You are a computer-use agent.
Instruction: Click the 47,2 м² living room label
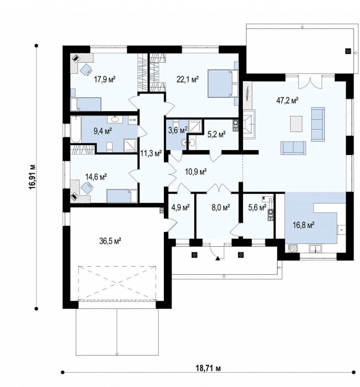pos(287,101)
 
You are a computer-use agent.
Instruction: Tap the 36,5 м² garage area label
pos(110,241)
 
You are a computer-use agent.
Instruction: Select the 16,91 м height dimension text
pos(32,177)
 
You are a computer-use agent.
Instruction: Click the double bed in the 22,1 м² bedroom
pos(223,84)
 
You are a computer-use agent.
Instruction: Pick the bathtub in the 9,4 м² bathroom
pos(76,129)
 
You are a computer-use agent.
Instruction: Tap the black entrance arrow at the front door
pos(218,258)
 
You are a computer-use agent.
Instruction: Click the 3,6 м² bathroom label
pos(178,130)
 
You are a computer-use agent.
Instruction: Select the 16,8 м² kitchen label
pos(303,225)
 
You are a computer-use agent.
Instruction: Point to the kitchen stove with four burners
pos(292,248)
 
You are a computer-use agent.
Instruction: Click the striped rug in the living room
pos(296,124)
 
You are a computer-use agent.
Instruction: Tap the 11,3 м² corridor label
pos(151,153)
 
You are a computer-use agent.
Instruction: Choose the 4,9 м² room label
pos(180,208)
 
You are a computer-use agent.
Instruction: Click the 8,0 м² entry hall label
pos(221,207)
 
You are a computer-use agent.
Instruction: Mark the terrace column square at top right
pos(348,51)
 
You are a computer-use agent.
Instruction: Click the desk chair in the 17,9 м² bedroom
pos(86,69)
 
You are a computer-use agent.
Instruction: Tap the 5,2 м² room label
pos(216,135)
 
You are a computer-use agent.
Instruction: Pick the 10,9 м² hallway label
pos(196,172)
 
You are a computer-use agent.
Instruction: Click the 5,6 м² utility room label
pos(257,208)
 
